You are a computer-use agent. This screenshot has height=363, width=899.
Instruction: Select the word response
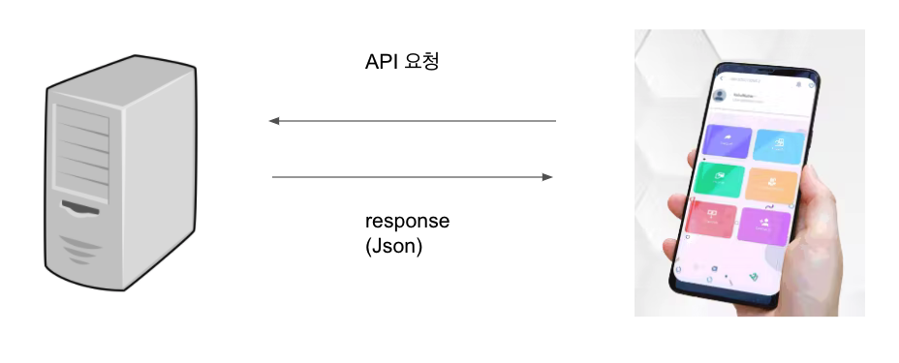click(x=407, y=221)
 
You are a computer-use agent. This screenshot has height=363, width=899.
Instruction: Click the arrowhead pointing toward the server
click(x=274, y=121)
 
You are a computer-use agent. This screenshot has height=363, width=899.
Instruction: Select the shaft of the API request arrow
click(x=417, y=121)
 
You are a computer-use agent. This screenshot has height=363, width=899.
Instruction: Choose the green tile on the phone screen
click(x=718, y=179)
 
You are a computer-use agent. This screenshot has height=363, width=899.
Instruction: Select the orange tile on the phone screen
click(x=772, y=183)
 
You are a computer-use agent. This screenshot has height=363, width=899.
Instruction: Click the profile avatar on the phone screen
click(x=720, y=96)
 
